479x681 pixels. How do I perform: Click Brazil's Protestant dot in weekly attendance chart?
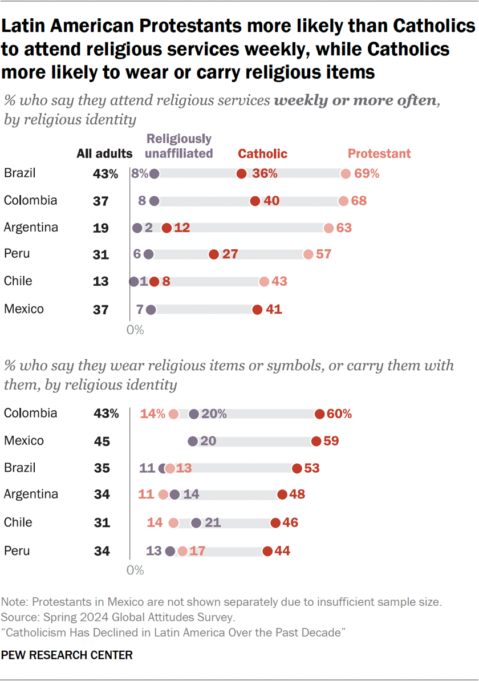tap(345, 174)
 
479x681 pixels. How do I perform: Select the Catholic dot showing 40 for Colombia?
tap(255, 201)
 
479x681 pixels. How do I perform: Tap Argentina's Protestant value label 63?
tap(344, 228)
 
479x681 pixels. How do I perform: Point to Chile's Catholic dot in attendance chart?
tap(153, 282)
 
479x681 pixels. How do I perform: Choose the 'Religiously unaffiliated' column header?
tap(179, 145)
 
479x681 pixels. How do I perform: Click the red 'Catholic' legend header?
tap(262, 153)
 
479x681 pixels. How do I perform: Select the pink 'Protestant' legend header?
tap(379, 153)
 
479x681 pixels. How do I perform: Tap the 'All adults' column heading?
tap(105, 153)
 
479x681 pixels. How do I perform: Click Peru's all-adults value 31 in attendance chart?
tap(101, 255)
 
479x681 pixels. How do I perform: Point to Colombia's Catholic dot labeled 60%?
tap(319, 414)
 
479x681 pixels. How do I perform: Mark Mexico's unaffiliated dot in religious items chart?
tap(193, 441)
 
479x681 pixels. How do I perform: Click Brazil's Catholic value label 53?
tap(312, 468)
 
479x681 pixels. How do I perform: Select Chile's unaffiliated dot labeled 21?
tap(197, 522)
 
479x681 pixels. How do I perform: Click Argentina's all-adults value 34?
tap(102, 494)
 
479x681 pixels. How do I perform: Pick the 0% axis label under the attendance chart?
tap(135, 330)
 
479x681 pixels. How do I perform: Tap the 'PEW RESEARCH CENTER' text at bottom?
tap(68, 655)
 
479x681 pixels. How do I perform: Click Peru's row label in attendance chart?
tap(17, 254)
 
